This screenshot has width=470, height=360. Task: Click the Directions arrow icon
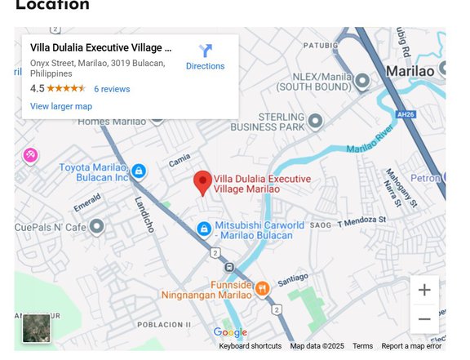pos(205,51)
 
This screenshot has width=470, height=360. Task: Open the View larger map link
pos(61,106)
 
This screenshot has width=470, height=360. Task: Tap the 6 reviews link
pos(112,89)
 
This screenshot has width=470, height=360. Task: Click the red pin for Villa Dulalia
pos(202,183)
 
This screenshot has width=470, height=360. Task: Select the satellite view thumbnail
pos(37,328)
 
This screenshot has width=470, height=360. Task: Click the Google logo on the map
pos(230,332)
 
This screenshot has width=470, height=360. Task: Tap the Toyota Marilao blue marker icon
pos(139,171)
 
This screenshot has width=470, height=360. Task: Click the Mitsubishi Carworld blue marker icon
pos(204,229)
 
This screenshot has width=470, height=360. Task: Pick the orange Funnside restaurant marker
pos(262,287)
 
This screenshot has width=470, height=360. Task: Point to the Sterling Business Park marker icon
pos(315,122)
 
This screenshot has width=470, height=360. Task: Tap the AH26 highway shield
pos(406,114)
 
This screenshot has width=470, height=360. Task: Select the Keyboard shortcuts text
pos(250,346)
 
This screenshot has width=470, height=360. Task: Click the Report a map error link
pos(411,346)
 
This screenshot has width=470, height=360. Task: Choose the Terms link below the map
pos(362,346)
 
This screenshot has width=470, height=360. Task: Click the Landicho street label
pos(144,215)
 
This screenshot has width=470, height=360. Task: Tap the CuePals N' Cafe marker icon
pos(96,226)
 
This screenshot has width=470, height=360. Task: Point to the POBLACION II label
pos(165,324)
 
